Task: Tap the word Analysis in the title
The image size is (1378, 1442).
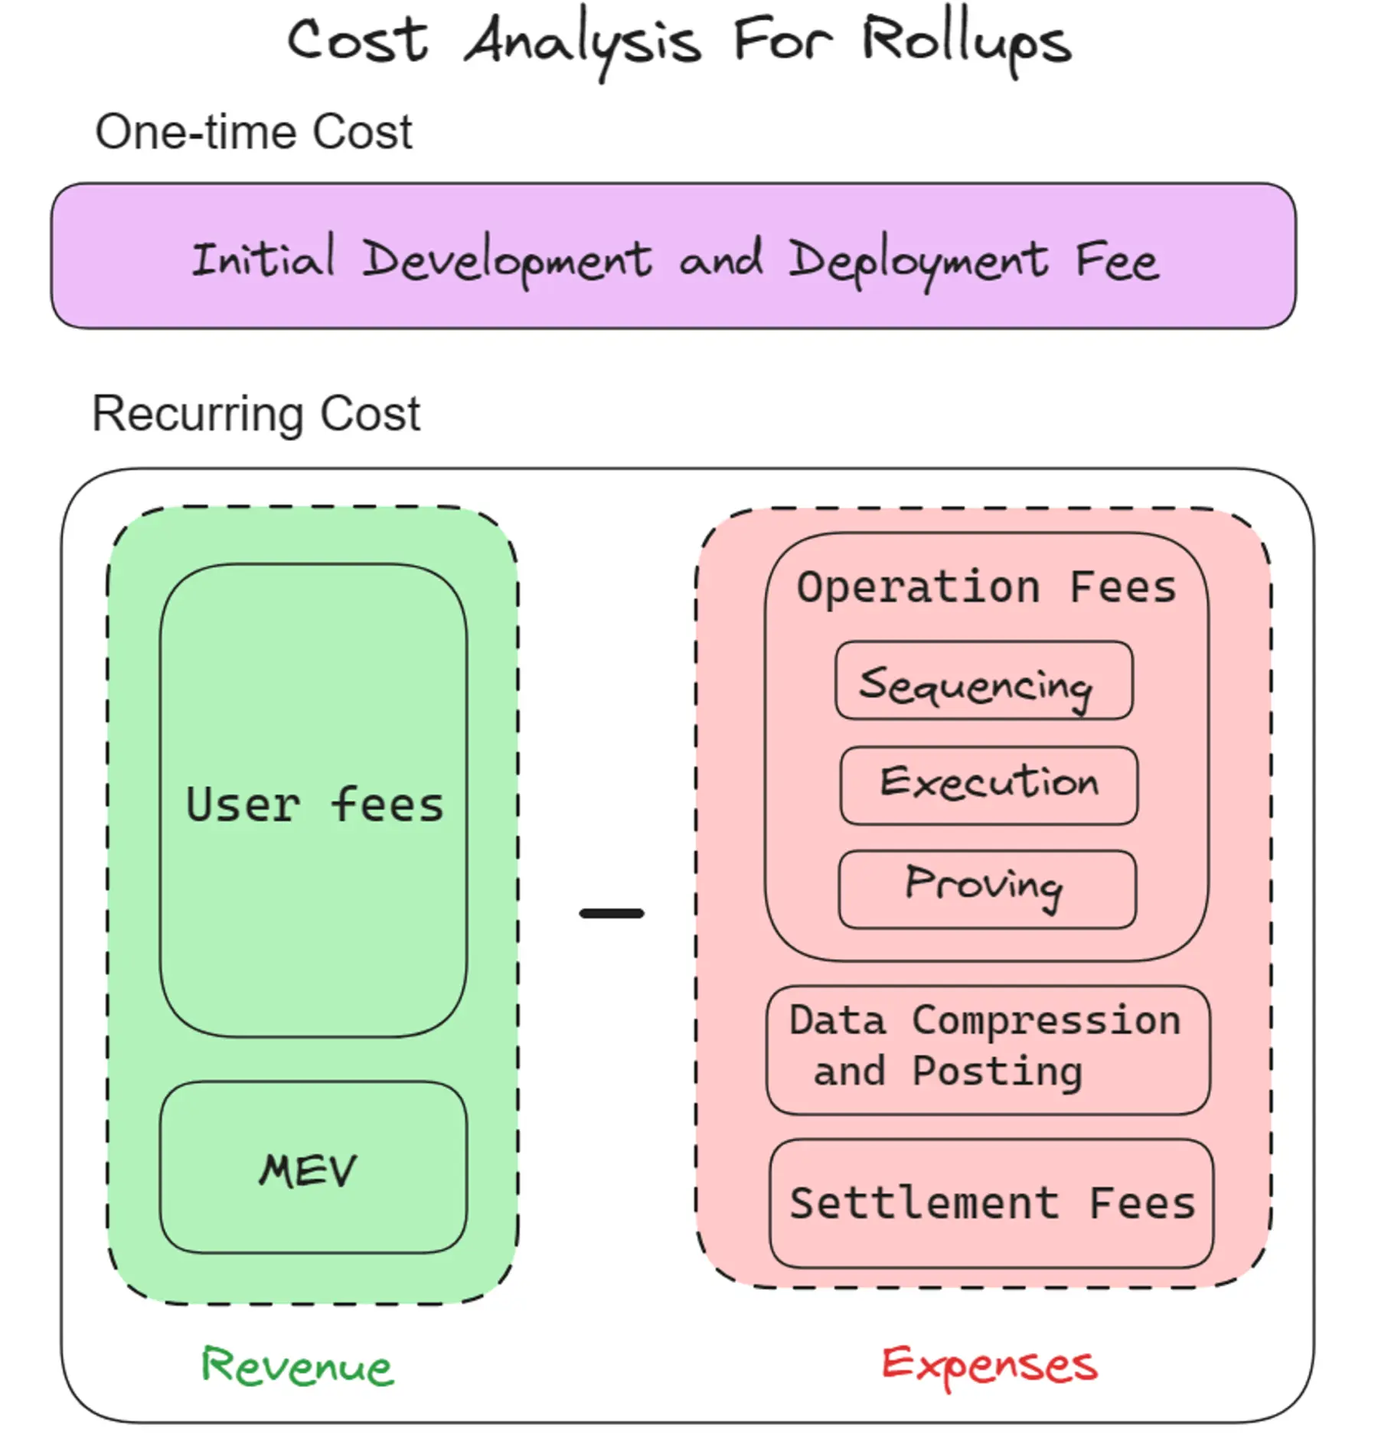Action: tap(582, 44)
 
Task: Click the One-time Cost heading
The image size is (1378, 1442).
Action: tap(253, 132)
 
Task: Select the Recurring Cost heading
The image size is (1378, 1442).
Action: tap(256, 413)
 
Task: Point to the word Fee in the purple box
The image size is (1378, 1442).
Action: tap(1116, 262)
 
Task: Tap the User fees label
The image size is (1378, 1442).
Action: tap(315, 805)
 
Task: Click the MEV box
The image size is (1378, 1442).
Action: tap(312, 1170)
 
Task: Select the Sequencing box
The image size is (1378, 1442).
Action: tap(984, 681)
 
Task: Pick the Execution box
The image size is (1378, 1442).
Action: tap(988, 785)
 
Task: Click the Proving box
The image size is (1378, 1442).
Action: tap(987, 889)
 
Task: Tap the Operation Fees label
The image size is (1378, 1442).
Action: tap(986, 588)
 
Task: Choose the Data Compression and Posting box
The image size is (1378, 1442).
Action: tap(988, 1049)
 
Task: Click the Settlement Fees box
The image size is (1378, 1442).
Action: tap(991, 1203)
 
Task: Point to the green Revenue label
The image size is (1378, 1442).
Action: tap(297, 1367)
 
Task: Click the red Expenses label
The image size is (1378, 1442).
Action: tap(989, 1365)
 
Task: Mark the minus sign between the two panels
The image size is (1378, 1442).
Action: tap(612, 913)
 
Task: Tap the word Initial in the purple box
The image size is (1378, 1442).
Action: tap(263, 258)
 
